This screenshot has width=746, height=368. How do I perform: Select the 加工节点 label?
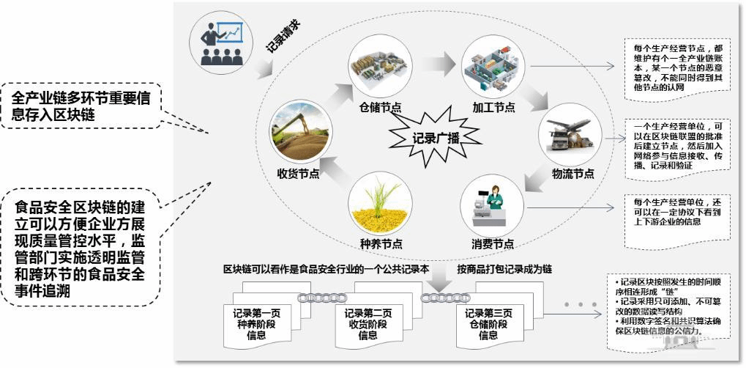point(493,107)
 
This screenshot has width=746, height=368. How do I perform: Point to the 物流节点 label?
point(572,174)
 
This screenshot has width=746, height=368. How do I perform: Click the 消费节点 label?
point(493,244)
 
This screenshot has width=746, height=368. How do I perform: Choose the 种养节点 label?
point(381,244)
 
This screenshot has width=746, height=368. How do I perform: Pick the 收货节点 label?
point(297,174)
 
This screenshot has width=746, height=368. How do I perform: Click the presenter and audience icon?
point(220,40)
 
